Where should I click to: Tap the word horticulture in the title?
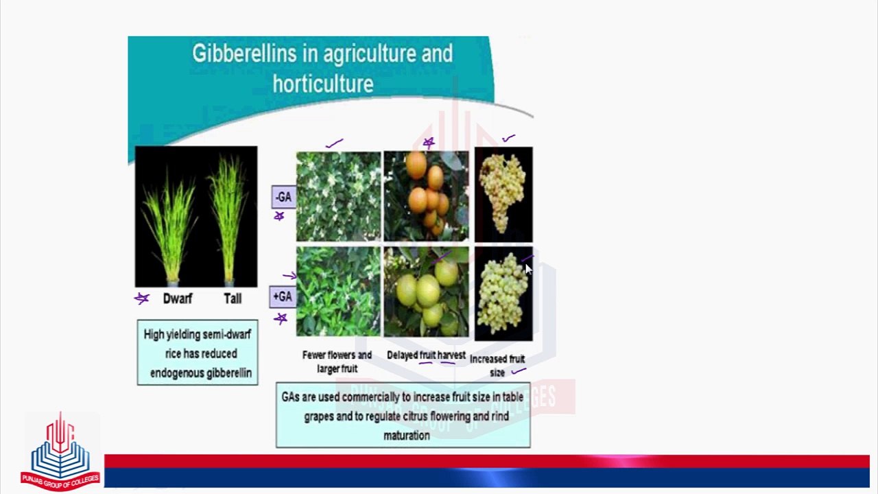(x=322, y=84)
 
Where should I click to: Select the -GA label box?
(x=283, y=197)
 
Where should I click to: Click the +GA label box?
(x=283, y=296)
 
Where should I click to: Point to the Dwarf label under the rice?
(x=178, y=298)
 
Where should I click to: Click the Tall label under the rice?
(x=233, y=298)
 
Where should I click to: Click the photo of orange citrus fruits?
(x=426, y=196)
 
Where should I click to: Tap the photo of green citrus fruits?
(x=426, y=292)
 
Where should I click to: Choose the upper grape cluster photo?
(x=503, y=194)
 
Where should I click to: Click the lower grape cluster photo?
(x=503, y=294)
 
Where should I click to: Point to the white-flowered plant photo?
(x=338, y=196)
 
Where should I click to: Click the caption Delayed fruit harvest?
(x=426, y=355)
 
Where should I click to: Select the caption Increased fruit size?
(x=497, y=365)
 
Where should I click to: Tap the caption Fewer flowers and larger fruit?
(x=337, y=362)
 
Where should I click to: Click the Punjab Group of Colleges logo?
(x=60, y=451)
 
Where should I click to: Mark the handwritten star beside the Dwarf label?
(x=142, y=298)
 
